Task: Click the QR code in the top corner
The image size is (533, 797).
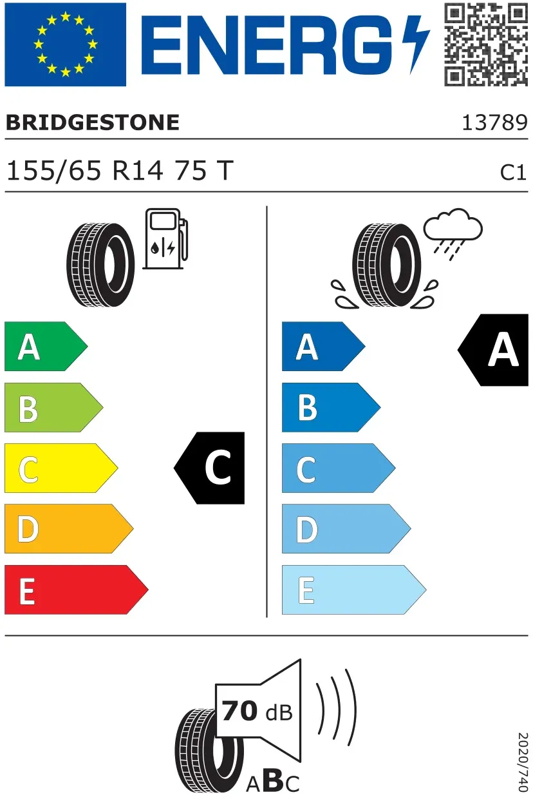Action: pos(486,44)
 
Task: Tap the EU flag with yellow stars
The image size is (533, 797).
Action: pos(66,44)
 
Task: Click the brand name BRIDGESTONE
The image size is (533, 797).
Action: pos(93,123)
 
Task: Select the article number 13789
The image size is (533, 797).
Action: pos(494,123)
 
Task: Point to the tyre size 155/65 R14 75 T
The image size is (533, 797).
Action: pos(120,171)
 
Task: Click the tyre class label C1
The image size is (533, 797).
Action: pos(513,173)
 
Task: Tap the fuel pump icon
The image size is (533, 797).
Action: pos(165,239)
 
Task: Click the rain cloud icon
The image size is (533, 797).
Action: pos(453,234)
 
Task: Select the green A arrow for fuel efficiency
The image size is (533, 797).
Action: pos(46,346)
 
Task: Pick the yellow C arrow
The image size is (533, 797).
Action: pos(61,468)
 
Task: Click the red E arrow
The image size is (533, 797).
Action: pos(77,590)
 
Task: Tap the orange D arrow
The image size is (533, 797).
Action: pos(69,529)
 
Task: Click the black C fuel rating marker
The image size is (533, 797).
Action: pos(210,468)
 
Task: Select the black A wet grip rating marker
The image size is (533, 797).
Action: pos(494,350)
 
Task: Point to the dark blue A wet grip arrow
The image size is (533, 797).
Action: pos(324,346)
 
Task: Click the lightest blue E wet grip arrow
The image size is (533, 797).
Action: pos(354,590)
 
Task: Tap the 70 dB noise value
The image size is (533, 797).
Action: pos(257,711)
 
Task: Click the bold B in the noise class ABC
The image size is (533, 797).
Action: pos(273,779)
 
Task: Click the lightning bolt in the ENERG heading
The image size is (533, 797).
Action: pos(415,44)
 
